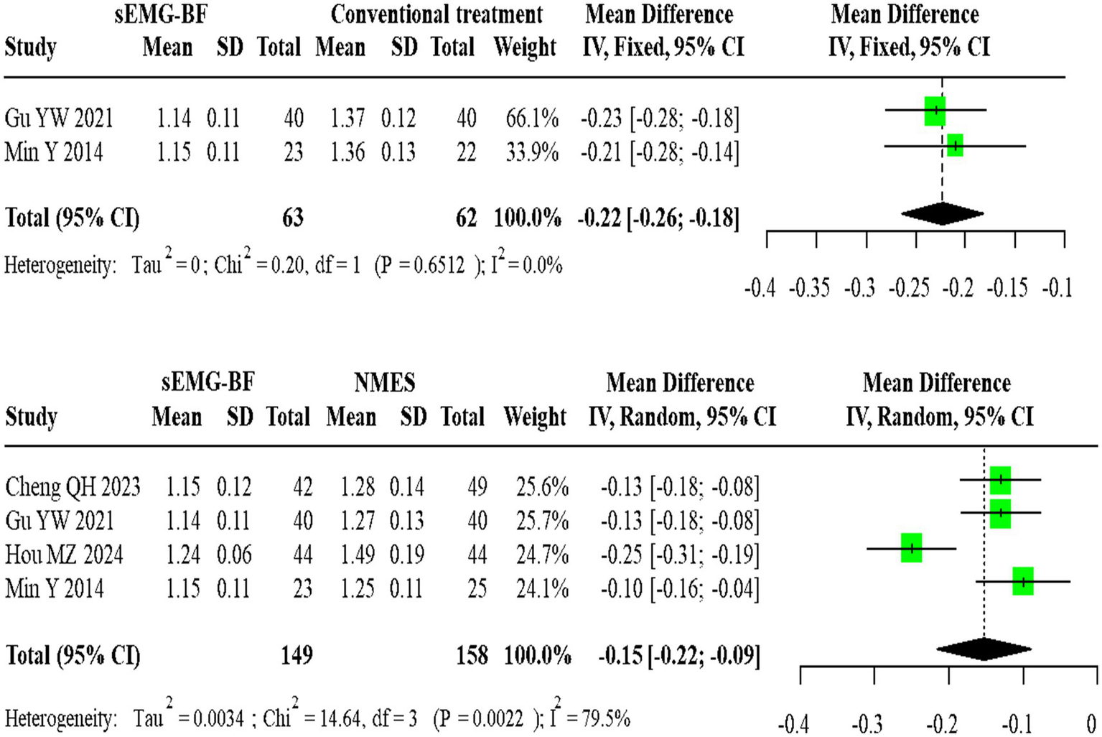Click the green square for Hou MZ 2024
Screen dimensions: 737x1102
point(911,548)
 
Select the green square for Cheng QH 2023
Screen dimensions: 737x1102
point(1000,479)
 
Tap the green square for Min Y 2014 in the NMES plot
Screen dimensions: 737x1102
point(1022,581)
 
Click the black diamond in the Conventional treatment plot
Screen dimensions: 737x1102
point(942,213)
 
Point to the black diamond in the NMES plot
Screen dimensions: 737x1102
point(984,649)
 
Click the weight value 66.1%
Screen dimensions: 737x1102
point(531,118)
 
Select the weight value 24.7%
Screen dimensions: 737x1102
point(542,555)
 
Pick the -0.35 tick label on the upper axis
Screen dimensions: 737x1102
point(809,289)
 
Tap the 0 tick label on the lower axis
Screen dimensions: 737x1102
point(1091,723)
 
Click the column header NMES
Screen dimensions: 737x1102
point(384,383)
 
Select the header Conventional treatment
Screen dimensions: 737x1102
point(436,14)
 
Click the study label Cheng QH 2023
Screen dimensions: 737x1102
point(73,487)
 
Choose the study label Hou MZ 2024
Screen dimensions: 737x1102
point(64,555)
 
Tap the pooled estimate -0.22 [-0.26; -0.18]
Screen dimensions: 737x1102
point(658,218)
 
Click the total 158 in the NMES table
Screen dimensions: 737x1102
point(472,655)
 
